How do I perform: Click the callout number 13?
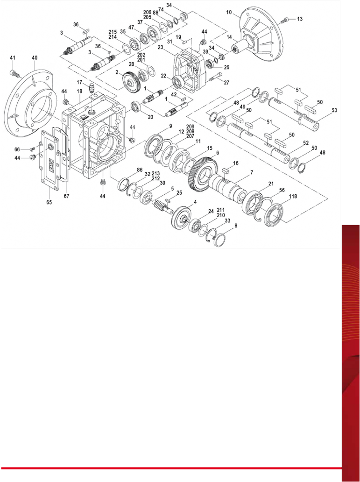tap(299, 19)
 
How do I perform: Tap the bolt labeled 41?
tap(15, 73)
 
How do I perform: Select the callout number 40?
tap(35, 57)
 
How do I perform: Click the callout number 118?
tap(293, 196)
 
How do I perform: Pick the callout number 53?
tap(334, 110)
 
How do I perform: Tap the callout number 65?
tap(49, 202)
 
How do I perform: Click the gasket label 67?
tap(67, 196)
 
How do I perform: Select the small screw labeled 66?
tap(33, 149)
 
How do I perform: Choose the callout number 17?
tap(79, 82)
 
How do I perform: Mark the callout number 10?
tap(229, 12)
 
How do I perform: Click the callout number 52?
tap(306, 143)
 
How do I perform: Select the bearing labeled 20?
tap(136, 107)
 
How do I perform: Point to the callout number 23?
tap(160, 47)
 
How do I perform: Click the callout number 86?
tap(140, 170)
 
